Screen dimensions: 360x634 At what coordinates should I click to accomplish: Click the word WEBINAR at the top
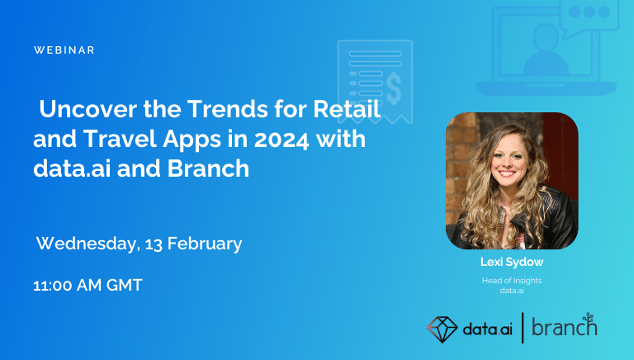[x=64, y=50]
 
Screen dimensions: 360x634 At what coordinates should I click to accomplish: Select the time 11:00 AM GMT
[x=88, y=286]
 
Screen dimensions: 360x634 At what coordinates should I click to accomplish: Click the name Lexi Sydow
[x=512, y=262]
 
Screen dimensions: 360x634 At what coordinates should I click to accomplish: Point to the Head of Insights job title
[x=512, y=281]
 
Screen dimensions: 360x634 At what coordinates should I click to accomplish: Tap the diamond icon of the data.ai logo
[x=442, y=327]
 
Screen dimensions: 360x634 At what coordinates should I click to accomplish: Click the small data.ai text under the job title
[x=512, y=290]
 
